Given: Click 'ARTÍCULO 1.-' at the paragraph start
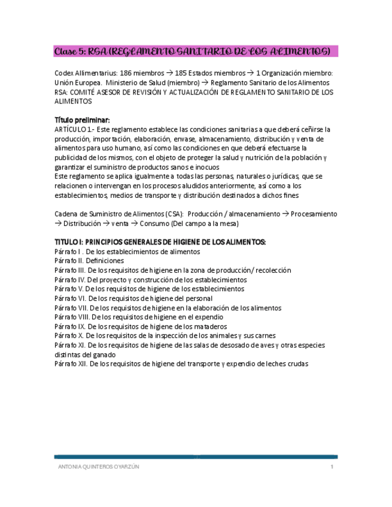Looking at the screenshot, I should click(x=74, y=130).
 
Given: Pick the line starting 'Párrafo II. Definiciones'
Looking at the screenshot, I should click(x=89, y=261).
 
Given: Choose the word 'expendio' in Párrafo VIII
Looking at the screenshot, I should click(x=209, y=317).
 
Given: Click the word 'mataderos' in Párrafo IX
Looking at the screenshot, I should click(x=209, y=326).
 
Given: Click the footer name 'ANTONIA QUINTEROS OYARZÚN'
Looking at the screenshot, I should click(x=98, y=467).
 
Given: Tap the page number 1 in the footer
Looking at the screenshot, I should click(x=332, y=467).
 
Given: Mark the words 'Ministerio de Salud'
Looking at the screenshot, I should click(x=134, y=83).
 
